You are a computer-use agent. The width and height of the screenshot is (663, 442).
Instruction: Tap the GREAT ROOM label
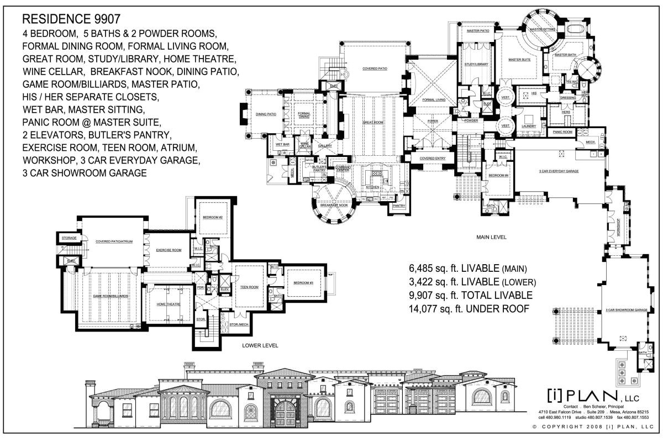(x=373, y=122)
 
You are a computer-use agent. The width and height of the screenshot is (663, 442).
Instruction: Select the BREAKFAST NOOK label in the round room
(x=334, y=205)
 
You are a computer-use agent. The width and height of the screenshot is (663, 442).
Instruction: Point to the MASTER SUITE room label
(x=519, y=60)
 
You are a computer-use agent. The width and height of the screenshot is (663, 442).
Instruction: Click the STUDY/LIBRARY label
(x=476, y=65)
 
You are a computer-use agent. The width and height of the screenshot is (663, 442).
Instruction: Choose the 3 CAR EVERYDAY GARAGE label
(x=559, y=171)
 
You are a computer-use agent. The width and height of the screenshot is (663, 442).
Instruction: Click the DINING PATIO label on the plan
(x=266, y=114)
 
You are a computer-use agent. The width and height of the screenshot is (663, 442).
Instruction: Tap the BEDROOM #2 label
(x=213, y=217)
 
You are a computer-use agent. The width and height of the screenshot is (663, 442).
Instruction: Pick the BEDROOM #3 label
(x=303, y=283)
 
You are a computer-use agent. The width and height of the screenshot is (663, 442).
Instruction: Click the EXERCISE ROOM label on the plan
(x=169, y=250)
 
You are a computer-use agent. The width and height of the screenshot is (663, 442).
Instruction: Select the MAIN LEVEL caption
(x=491, y=237)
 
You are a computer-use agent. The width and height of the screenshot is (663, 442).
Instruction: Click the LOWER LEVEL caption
(x=260, y=345)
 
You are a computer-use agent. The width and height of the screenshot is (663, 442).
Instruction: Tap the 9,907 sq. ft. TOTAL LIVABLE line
(x=470, y=296)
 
